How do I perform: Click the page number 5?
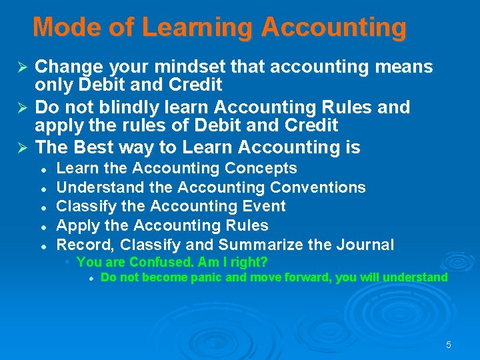point(448,345)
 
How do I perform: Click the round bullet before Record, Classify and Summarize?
point(42,246)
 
